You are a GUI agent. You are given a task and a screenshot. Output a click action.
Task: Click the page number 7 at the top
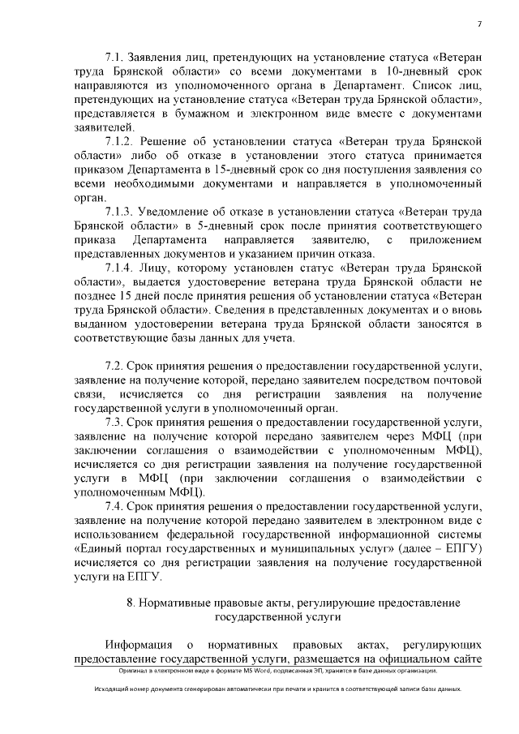tap(480, 24)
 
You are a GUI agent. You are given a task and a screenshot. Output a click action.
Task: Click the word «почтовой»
tap(458, 380)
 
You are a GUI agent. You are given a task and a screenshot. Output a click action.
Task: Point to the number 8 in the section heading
tap(130, 603)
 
